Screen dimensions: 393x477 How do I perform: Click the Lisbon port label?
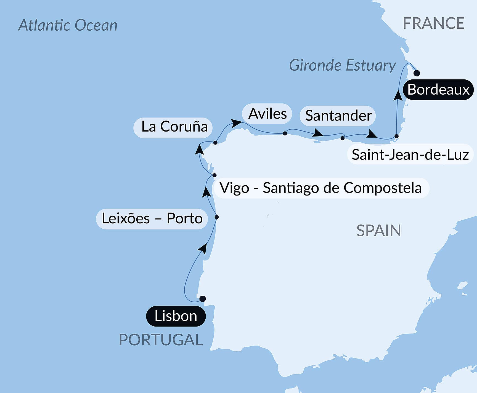pos(176,316)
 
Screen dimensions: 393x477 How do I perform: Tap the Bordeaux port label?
pos(438,90)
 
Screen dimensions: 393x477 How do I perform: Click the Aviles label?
pos(267,114)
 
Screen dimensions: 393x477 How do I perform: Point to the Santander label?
pos(338,116)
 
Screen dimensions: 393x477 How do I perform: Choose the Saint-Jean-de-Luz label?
pos(410,154)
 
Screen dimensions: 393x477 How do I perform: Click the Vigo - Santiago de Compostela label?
pos(321,188)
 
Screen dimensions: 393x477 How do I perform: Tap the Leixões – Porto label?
pos(152,219)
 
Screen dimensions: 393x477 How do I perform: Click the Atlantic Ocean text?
pos(68,25)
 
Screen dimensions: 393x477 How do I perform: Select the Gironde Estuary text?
pos(342,65)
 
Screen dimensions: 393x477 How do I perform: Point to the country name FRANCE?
pos(433,23)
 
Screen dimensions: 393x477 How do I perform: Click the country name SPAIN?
pos(378,231)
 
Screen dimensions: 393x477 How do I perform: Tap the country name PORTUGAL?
pos(161,340)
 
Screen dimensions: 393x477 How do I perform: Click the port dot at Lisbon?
pos(203,299)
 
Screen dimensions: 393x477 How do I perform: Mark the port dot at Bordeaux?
pos(417,73)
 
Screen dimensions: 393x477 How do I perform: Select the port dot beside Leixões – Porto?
pos(217,217)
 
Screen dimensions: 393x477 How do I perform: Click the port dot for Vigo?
pos(214,175)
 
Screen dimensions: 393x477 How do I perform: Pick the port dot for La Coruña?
pos(215,143)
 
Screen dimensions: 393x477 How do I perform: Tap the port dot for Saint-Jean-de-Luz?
pos(396,136)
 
